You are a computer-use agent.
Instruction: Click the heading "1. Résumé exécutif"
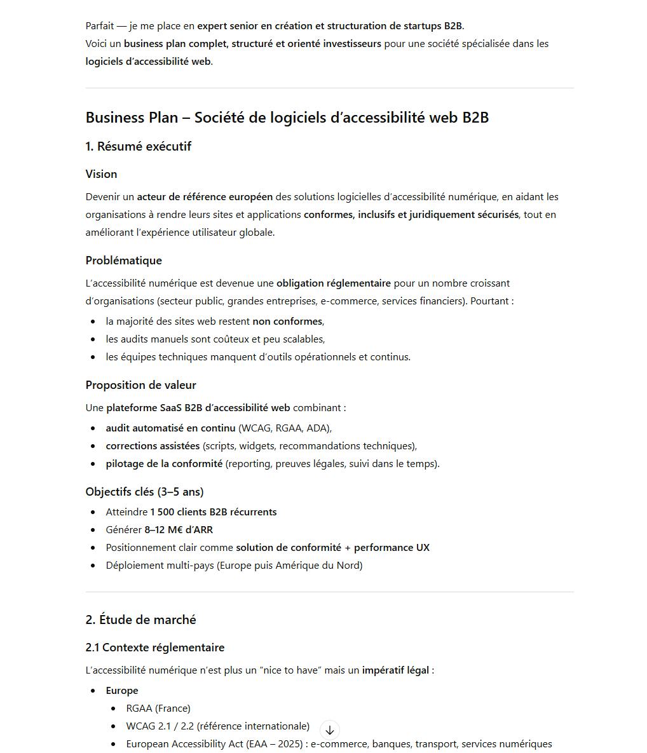(x=139, y=147)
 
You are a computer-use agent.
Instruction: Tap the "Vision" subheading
(x=102, y=174)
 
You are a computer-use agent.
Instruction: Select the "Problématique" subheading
(x=124, y=261)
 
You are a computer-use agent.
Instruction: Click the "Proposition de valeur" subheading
(x=141, y=385)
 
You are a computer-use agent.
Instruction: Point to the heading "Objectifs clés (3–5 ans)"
(x=145, y=492)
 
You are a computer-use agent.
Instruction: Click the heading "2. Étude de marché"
(x=141, y=620)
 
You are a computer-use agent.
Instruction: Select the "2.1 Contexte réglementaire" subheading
(x=155, y=648)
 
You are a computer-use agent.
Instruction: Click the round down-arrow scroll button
(x=329, y=730)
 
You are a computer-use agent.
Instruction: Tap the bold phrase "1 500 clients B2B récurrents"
(x=214, y=512)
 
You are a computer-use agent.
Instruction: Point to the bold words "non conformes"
(x=287, y=322)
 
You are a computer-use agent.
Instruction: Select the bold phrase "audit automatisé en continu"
(x=170, y=428)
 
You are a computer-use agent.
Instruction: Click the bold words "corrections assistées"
(x=153, y=446)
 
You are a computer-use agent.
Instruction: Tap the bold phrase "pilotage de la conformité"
(x=164, y=464)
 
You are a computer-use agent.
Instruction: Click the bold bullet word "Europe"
(x=122, y=691)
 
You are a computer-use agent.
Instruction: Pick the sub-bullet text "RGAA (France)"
(x=158, y=709)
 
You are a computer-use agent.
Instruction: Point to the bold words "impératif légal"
(x=395, y=670)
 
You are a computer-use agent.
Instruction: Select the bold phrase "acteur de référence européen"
(x=205, y=197)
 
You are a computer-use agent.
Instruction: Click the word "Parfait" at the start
(x=100, y=26)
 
